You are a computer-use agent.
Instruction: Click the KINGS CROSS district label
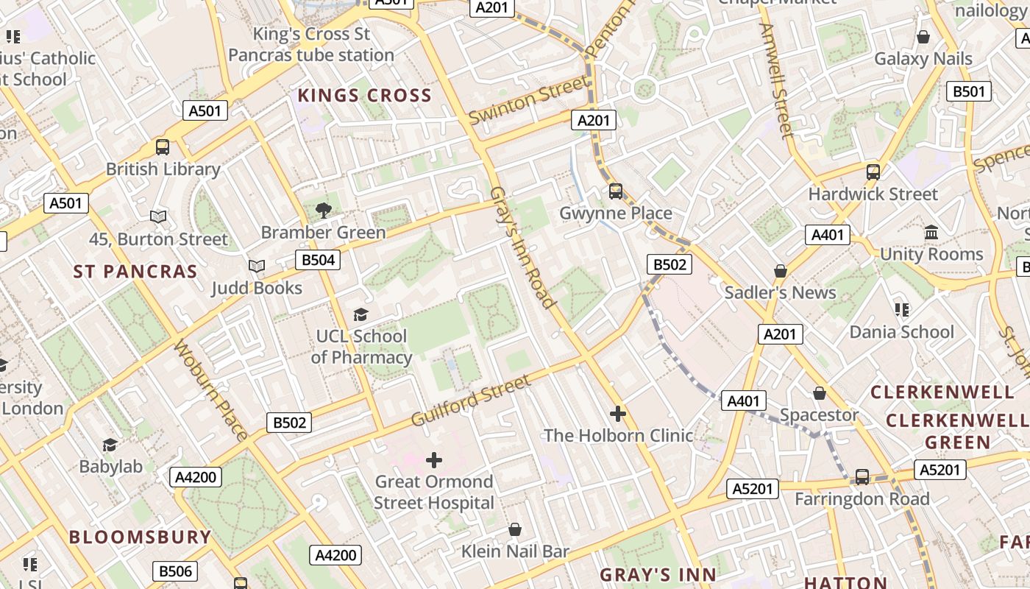[x=364, y=95]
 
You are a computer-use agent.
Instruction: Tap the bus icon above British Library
[x=163, y=147]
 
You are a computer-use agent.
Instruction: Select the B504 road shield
[x=318, y=259]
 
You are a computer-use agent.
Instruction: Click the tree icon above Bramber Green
[x=323, y=210]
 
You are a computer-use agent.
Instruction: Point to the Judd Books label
[x=257, y=288]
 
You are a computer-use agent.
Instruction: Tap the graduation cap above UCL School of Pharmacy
[x=360, y=314]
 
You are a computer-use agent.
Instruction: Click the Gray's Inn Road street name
[x=522, y=247]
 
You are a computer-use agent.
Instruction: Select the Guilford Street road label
[x=471, y=401]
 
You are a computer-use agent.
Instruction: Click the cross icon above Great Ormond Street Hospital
[x=434, y=460]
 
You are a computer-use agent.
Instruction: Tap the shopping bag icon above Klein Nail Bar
[x=515, y=529]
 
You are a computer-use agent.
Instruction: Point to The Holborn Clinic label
[x=618, y=436]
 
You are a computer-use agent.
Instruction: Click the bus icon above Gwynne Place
[x=616, y=191]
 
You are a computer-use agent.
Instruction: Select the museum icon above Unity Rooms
[x=931, y=233]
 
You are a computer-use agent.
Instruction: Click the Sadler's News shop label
[x=781, y=292]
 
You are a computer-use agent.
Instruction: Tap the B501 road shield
[x=968, y=91]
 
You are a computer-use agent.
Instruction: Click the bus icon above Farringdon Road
[x=862, y=477]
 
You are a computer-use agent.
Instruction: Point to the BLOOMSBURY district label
[x=141, y=537]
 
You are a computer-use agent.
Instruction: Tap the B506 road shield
[x=175, y=571]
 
